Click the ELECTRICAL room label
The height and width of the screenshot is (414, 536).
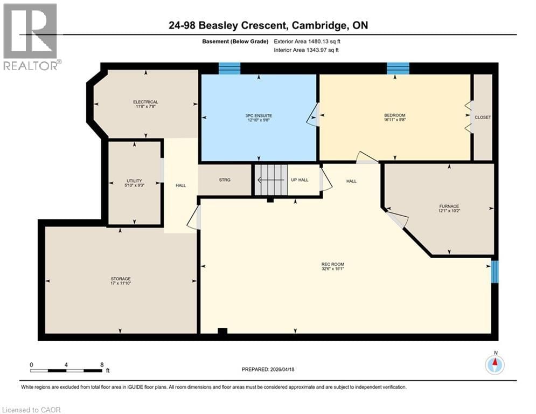(x=145, y=102)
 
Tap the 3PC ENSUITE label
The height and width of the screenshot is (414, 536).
(x=259, y=115)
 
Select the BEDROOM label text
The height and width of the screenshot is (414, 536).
(x=395, y=115)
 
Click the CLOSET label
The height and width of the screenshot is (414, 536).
(x=483, y=117)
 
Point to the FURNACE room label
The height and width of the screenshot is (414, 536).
(x=449, y=206)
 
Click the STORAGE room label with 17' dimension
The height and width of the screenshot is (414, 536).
(x=121, y=279)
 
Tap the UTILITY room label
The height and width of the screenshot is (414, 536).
(x=135, y=181)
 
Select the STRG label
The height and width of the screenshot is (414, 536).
(x=225, y=180)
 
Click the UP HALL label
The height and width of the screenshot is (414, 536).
(x=300, y=180)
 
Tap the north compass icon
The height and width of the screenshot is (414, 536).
(x=494, y=365)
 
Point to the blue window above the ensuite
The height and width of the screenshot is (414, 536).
(x=229, y=68)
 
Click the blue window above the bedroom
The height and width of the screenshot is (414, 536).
(x=398, y=68)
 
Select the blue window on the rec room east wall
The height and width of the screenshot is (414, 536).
(x=495, y=272)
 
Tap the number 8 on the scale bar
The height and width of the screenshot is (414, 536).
(x=102, y=364)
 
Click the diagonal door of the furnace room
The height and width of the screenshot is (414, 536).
(x=398, y=219)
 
